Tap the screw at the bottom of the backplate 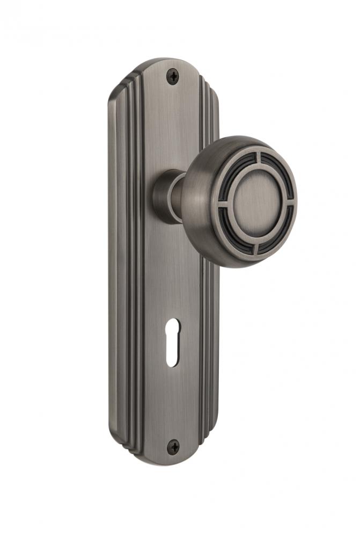173,445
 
